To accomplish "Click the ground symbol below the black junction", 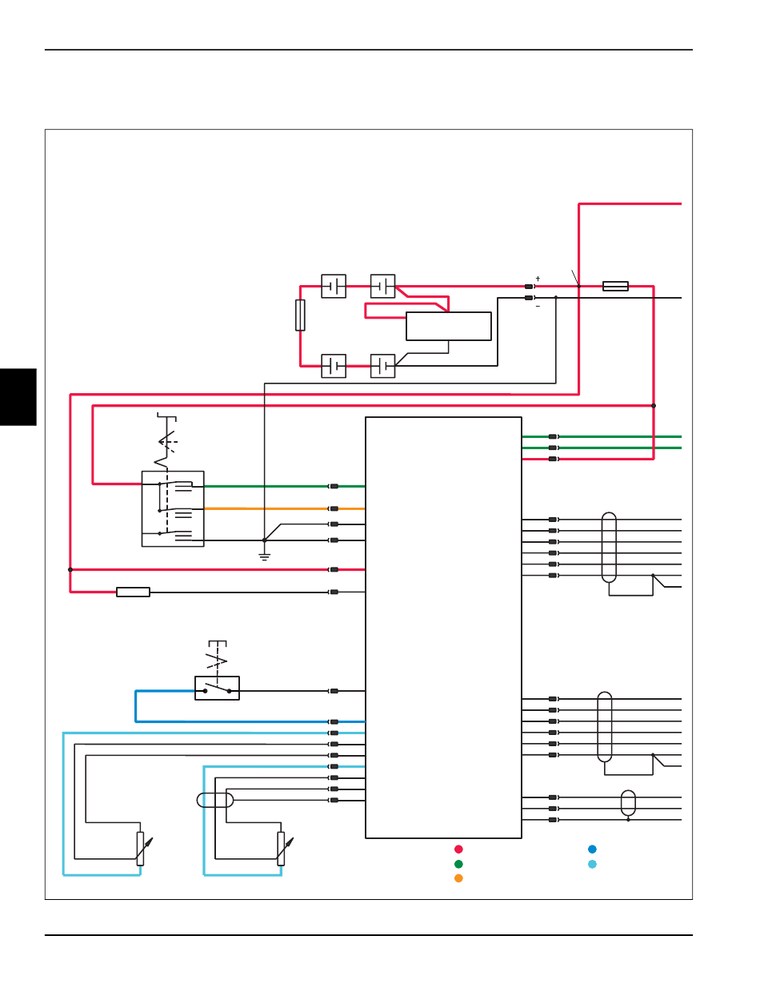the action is point(264,557).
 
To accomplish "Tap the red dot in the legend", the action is point(458,849).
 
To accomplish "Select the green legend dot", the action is point(458,864).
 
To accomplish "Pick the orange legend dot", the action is point(458,878).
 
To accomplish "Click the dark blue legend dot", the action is point(592,849).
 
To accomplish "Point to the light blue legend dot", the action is point(592,864).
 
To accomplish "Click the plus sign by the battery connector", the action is point(538,279).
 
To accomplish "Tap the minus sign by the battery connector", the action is point(538,307).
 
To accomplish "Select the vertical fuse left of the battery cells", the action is point(300,315).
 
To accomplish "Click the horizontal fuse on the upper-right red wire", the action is point(615,286).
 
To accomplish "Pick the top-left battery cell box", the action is point(334,286).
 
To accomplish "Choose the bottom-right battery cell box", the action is point(382,366).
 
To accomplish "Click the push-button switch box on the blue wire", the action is point(217,689).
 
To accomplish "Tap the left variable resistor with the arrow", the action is point(140,849).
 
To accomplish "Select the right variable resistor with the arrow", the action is point(281,849).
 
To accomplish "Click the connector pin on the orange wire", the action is point(334,508).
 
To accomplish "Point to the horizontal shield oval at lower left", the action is point(215,800).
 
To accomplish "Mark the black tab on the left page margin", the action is point(18,397).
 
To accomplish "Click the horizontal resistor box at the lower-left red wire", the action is point(133,592).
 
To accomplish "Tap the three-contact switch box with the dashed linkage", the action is point(173,508).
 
